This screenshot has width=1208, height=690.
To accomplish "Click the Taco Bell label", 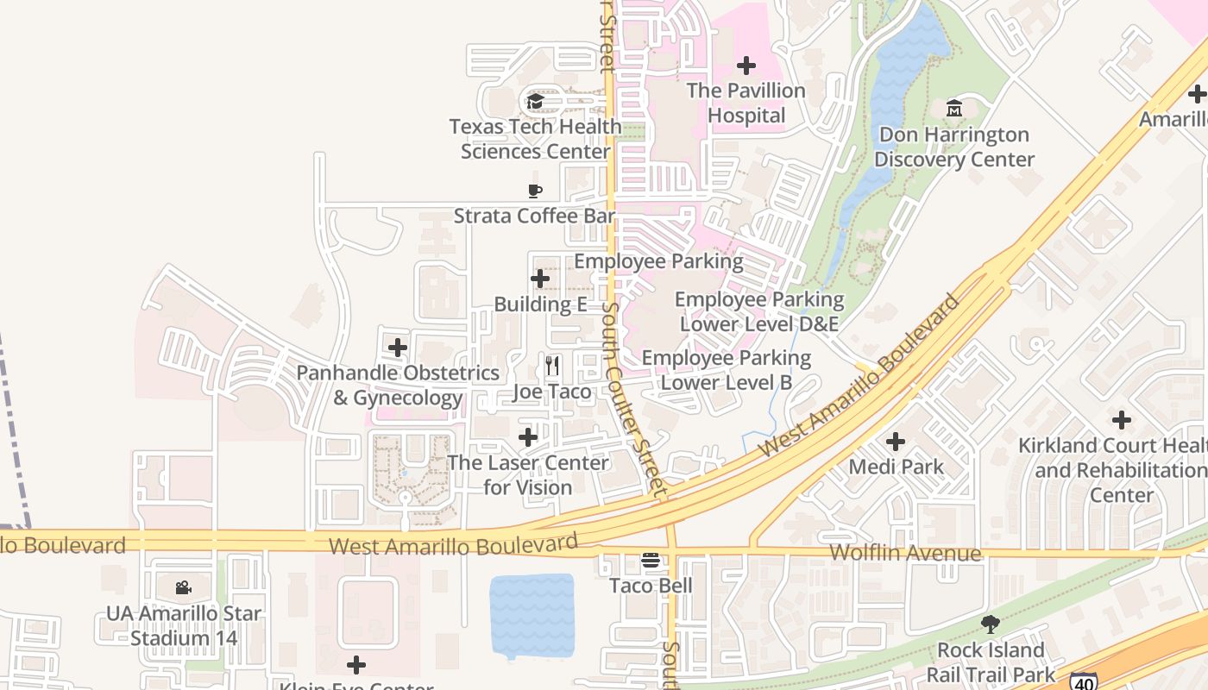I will click(x=651, y=586).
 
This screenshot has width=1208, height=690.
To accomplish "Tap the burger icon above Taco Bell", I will click(x=651, y=561).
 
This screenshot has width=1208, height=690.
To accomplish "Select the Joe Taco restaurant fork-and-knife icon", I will click(x=552, y=366).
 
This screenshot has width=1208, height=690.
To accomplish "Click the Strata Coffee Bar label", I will click(x=534, y=216).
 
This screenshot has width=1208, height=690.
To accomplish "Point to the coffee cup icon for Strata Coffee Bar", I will click(x=535, y=191).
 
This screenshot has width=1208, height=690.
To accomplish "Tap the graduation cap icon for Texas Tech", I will click(x=535, y=102).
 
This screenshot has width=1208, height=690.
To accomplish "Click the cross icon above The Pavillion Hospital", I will click(x=746, y=66).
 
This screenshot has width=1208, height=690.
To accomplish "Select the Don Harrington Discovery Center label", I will click(x=953, y=147).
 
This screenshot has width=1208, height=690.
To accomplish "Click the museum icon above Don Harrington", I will click(x=954, y=109).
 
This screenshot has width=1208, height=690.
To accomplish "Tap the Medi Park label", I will click(x=896, y=467).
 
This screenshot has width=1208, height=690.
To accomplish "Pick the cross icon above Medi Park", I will click(x=896, y=442).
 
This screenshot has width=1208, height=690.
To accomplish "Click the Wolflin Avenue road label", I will click(x=904, y=553).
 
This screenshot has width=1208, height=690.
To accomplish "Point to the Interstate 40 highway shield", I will click(x=1083, y=681).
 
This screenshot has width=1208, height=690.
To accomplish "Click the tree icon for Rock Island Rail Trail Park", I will click(x=991, y=624).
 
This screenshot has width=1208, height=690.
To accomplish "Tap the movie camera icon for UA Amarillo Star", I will click(x=183, y=588).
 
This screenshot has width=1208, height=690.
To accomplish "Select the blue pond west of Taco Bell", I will click(x=532, y=615).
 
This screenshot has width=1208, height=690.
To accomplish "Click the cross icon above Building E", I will click(x=540, y=279).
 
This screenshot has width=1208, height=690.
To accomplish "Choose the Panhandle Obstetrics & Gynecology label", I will click(x=398, y=386).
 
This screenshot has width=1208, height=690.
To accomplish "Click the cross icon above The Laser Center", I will click(x=528, y=437).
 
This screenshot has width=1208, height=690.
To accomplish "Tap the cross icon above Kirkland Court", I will click(x=1122, y=420).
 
